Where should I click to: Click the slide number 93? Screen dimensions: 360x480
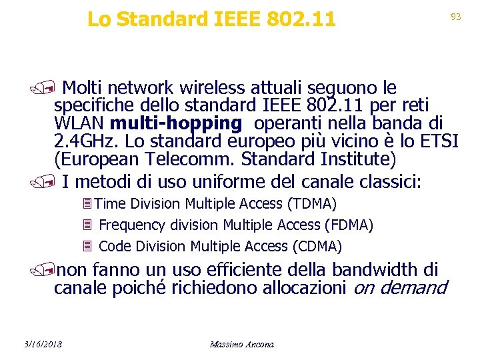[456, 17]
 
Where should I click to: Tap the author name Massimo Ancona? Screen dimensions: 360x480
[241, 344]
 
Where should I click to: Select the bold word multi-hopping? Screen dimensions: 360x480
[176, 123]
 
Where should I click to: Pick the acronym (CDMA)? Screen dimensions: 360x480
[317, 247]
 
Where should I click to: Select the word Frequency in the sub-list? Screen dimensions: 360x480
[128, 225]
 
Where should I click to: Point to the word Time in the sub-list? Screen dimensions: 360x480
[112, 203]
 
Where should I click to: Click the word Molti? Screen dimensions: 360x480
[84, 87]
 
